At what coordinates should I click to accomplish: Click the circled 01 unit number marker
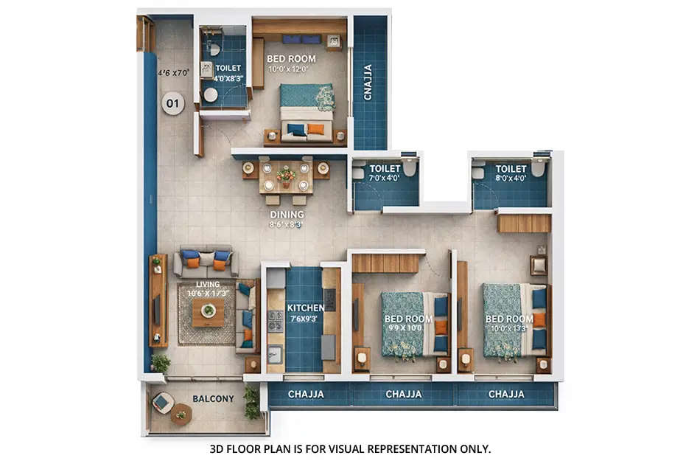point(172,104)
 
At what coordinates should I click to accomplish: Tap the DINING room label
point(287,215)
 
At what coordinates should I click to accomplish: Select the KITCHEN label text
point(306,308)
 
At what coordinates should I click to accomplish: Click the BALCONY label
point(213,399)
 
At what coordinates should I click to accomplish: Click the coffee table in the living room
point(208,311)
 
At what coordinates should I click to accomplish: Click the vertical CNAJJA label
point(368,81)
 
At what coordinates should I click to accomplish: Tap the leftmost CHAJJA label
point(306,395)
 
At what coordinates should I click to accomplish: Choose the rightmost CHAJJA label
point(506,395)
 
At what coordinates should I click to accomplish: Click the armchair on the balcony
point(164,402)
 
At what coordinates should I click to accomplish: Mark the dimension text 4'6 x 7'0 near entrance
point(173,73)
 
